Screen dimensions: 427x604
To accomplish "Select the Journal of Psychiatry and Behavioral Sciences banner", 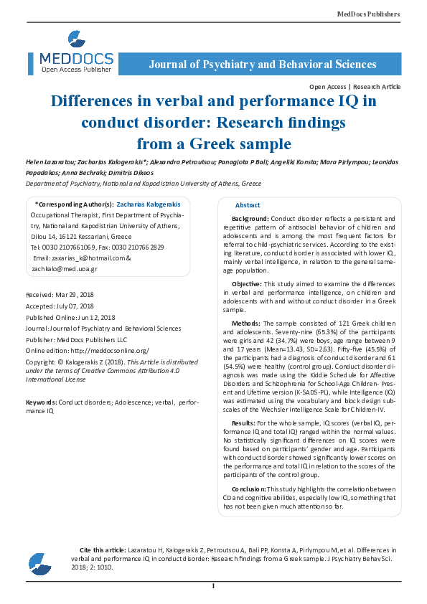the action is click(x=262, y=65).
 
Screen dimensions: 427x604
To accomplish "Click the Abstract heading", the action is click(x=248, y=205).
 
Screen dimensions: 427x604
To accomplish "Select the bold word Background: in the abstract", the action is click(x=250, y=218).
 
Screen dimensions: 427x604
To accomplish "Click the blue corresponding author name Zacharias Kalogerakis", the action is click(x=149, y=204).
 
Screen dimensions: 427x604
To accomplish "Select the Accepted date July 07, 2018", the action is click(x=78, y=306).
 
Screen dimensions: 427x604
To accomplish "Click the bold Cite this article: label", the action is click(x=102, y=549).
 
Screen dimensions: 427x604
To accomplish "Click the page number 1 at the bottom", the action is click(x=213, y=587).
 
